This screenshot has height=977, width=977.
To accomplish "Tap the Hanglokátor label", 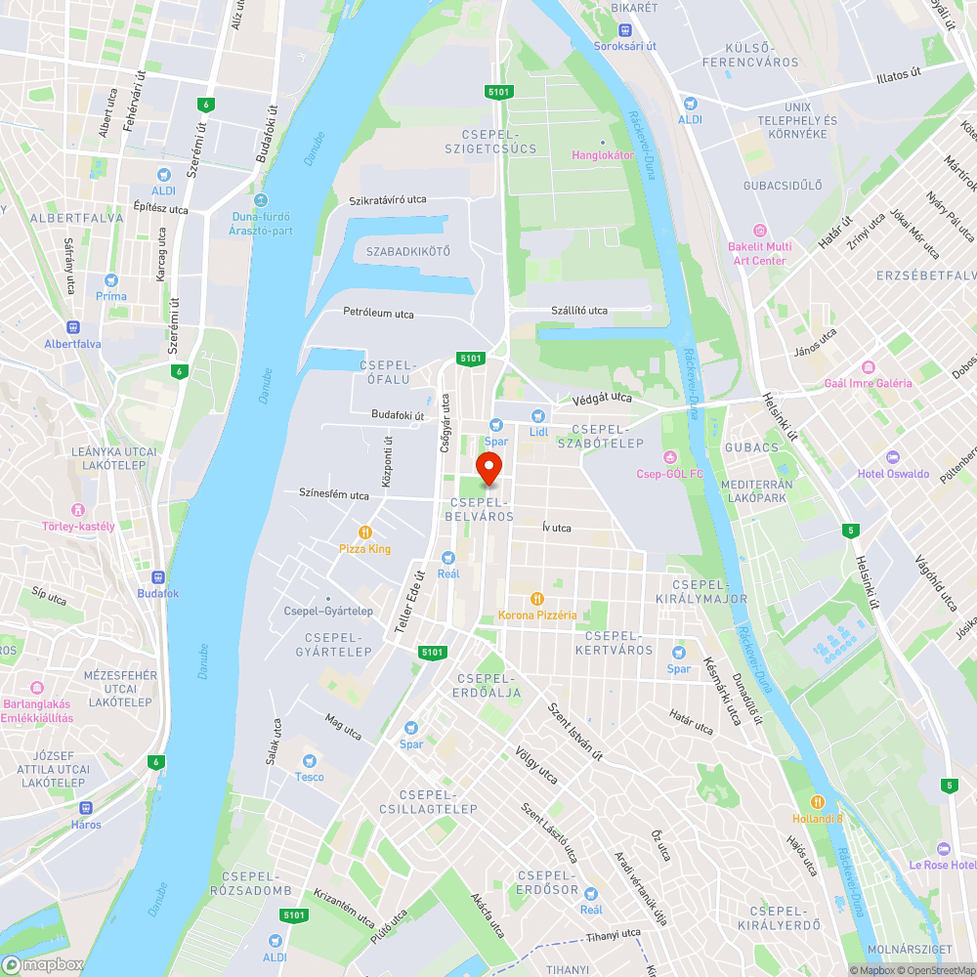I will pos(603,154).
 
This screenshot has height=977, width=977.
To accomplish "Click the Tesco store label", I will pos(310,777).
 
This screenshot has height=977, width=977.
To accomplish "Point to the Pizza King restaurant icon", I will pos(364,532).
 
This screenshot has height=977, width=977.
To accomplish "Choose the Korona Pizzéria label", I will pos(536,615).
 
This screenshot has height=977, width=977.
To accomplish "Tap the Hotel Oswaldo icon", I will pos(891,457).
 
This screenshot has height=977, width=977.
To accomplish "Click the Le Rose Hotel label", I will pos(942,865).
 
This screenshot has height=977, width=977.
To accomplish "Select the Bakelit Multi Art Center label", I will pos(759,253).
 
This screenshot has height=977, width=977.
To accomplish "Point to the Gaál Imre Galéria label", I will pos(868,383).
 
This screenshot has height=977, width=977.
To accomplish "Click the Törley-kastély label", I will pos(78,527).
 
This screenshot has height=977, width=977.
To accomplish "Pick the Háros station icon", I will pos(86,808).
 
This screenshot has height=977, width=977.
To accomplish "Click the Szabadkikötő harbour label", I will pos(408,251).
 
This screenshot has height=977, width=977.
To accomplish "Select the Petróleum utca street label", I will pos(378,314).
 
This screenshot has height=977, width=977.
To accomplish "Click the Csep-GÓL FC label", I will pos(670,474).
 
